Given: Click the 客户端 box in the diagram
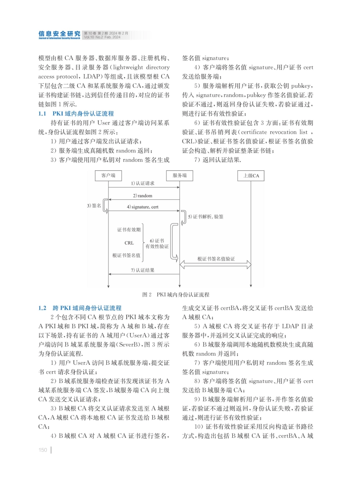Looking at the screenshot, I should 108,176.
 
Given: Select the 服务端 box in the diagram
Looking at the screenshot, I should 179,176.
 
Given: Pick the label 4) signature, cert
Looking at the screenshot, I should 143,207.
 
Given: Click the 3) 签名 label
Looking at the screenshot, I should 94,206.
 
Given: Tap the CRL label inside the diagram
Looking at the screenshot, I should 129,243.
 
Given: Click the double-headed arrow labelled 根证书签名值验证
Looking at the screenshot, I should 215,265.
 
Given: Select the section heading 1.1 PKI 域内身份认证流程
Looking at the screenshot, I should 76,113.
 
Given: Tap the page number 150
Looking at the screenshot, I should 43,450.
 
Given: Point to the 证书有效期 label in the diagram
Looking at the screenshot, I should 129,230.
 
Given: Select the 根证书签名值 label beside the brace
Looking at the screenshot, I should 127,256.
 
